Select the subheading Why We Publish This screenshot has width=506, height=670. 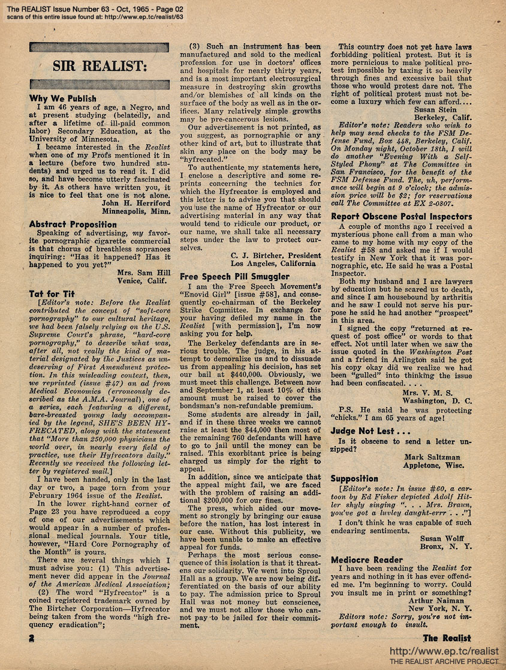(x=62, y=98)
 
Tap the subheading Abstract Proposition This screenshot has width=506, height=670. (x=73, y=225)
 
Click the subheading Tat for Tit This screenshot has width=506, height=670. (x=52, y=294)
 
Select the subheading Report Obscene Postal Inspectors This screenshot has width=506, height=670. (x=401, y=217)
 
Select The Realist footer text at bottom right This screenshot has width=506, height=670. (x=447, y=638)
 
